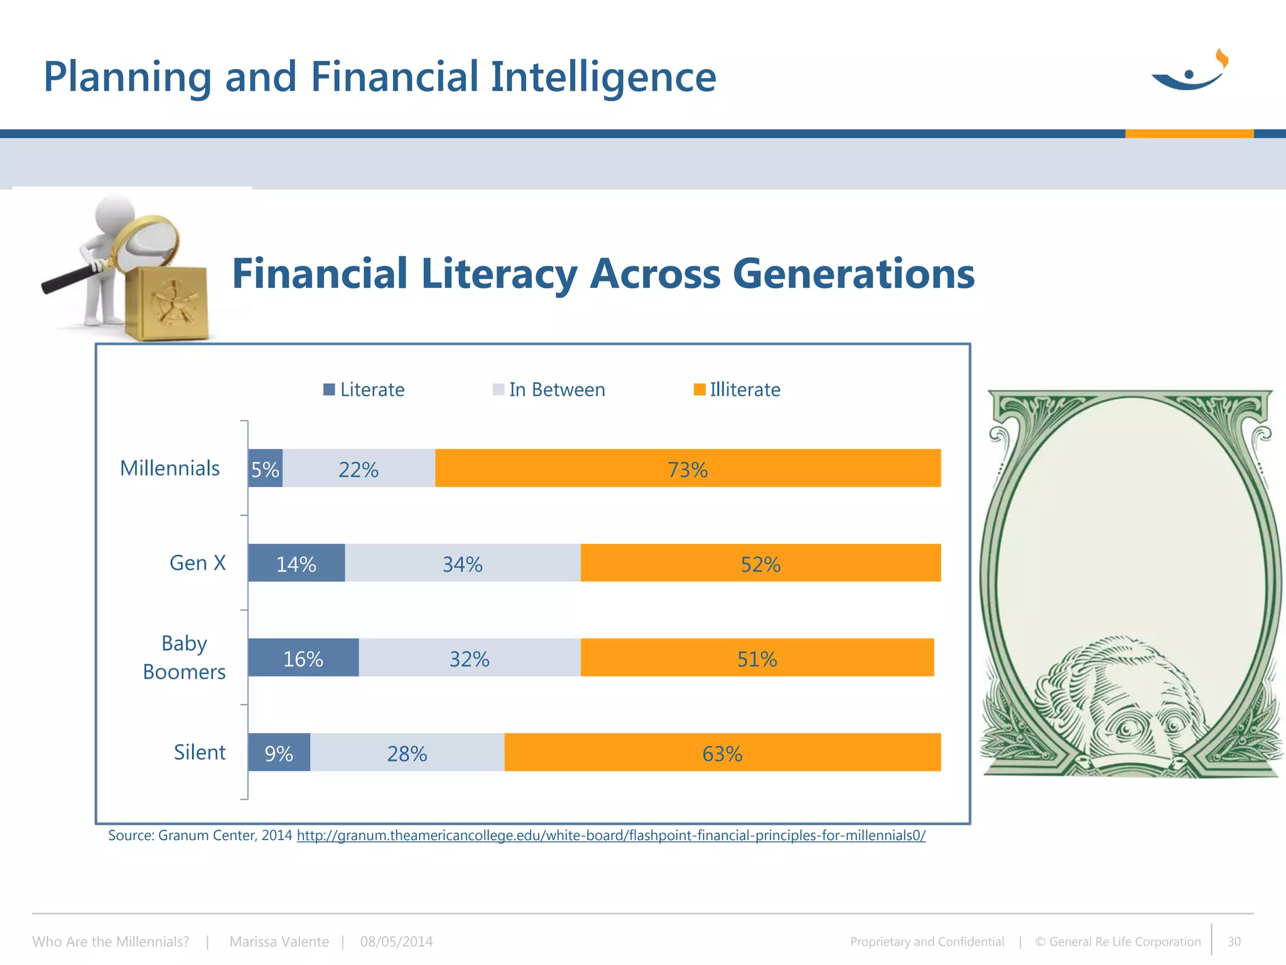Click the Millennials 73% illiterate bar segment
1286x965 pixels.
tap(688, 468)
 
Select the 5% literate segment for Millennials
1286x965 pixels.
tap(265, 469)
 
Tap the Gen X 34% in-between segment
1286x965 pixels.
tap(463, 563)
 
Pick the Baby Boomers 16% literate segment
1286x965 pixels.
tap(303, 658)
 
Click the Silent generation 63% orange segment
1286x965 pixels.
tap(722, 752)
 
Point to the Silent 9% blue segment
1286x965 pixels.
tap(279, 753)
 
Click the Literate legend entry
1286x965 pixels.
tap(364, 390)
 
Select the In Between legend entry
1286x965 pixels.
tap(549, 390)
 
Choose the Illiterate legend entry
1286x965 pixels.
tap(737, 390)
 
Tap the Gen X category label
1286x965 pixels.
tap(197, 563)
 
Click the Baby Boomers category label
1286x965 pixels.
tap(184, 657)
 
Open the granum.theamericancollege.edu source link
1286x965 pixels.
tap(610, 836)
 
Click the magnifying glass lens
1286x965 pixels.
tap(151, 242)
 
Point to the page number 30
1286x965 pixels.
tap(1234, 942)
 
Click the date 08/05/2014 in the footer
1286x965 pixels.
tap(396, 942)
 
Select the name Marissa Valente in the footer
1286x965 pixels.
tap(279, 942)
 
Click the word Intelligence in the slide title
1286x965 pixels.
tap(603, 77)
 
